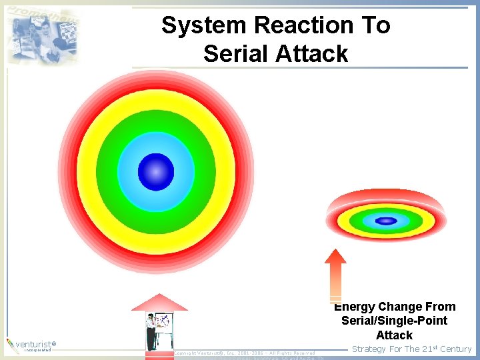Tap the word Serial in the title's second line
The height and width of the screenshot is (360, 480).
coord(235,53)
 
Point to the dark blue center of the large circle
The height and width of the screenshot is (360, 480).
coord(156,172)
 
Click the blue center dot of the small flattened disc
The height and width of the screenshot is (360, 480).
coord(386,221)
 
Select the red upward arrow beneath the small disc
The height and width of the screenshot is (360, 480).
coord(335,275)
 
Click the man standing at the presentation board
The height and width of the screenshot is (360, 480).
coord(151,331)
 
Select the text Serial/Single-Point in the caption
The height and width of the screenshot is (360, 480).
coord(394,321)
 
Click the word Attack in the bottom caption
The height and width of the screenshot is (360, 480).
coord(394,335)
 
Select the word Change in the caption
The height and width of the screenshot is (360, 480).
coord(400,307)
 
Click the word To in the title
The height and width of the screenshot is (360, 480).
coord(375,25)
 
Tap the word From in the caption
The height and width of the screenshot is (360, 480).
coord(441,307)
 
